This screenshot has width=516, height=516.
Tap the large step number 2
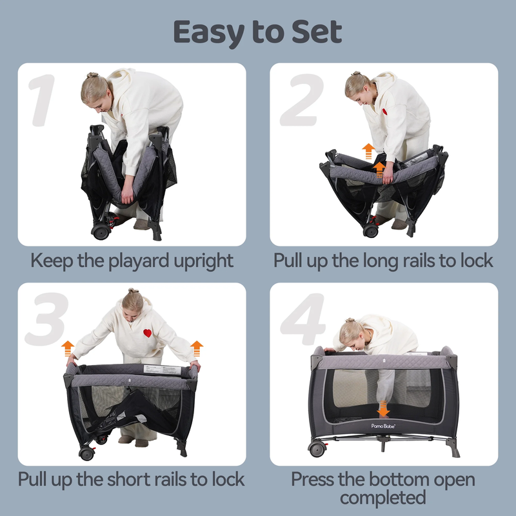coord(301,100)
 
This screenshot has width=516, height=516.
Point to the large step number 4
coord(303,319)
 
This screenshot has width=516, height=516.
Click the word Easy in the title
coord(208,33)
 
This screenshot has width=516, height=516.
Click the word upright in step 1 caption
coord(203,262)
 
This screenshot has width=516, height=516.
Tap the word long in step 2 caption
coord(381,262)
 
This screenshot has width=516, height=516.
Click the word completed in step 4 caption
coord(382,497)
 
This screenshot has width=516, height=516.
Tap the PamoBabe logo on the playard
coord(383,426)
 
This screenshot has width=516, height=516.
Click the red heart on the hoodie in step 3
coord(148,333)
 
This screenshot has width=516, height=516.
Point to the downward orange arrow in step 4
coord(383,409)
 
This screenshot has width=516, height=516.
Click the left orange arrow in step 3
coord(68,348)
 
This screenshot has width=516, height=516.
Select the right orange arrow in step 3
coord(197,348)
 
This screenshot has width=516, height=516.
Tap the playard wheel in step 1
coord(101,232)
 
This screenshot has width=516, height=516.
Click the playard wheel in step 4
coord(317,449)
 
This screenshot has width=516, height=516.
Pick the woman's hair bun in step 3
coord(134,291)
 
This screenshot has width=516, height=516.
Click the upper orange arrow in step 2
coord(368,152)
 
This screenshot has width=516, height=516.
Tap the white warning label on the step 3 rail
coord(163,370)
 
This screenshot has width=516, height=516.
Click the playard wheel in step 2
coord(371,231)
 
